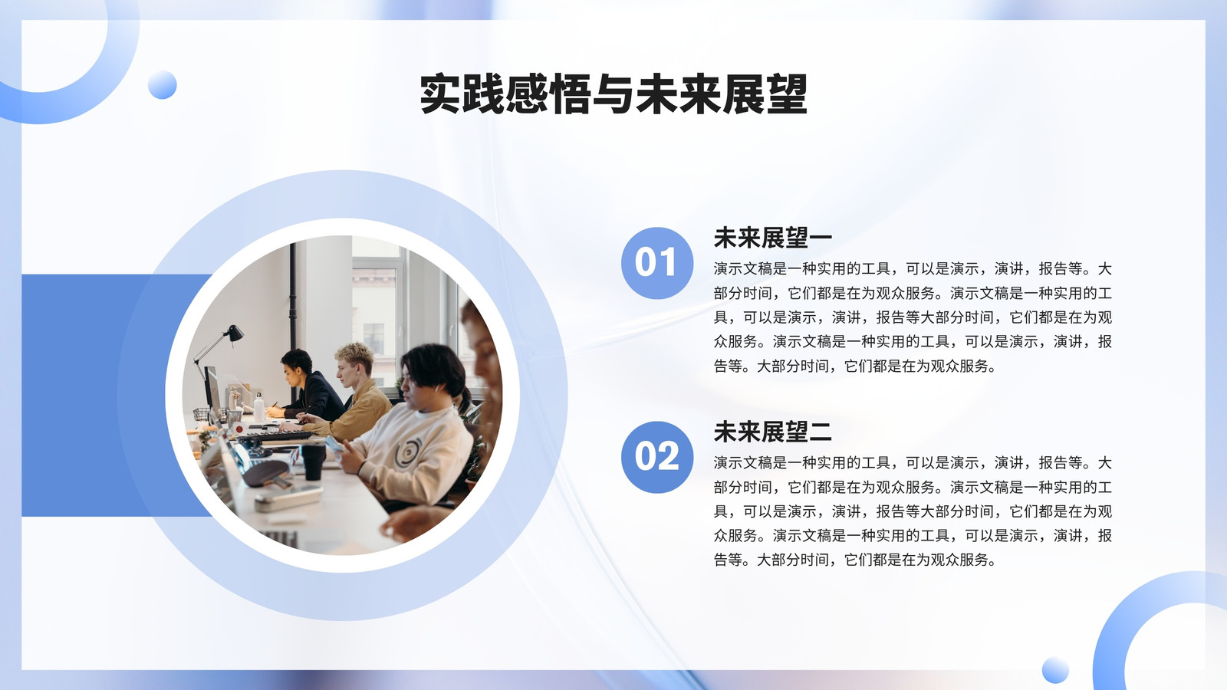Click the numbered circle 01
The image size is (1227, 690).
(656, 263)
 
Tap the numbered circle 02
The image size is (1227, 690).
(656, 457)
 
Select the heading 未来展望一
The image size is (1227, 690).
(772, 238)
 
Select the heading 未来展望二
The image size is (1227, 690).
(772, 432)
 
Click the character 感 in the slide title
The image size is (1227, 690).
(526, 94)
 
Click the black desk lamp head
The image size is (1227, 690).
(235, 333)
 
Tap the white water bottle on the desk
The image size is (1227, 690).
(258, 407)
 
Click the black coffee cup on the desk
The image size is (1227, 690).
(313, 461)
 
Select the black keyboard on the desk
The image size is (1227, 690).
(277, 436)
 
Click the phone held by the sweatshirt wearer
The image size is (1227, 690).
(334, 444)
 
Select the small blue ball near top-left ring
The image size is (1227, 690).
(162, 85)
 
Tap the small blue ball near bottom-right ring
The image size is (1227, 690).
(1055, 670)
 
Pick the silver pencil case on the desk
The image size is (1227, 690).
(288, 499)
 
